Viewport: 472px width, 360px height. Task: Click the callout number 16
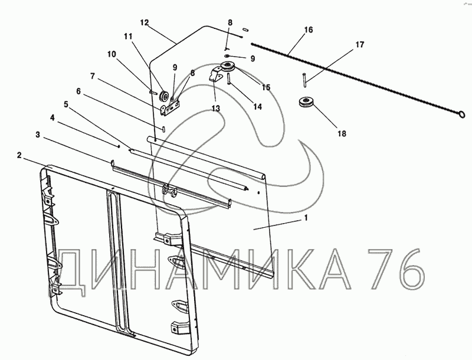[309, 30]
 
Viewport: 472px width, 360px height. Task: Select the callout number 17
[360, 45]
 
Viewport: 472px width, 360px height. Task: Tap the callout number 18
[342, 133]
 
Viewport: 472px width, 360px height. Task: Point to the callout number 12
[145, 23]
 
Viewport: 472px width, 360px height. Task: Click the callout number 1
[306, 218]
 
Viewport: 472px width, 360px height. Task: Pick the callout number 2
[19, 156]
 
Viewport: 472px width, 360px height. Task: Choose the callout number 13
[216, 109]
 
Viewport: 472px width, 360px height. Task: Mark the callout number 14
[258, 107]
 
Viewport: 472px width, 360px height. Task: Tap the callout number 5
[66, 104]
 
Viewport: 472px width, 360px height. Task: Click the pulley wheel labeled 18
[306, 102]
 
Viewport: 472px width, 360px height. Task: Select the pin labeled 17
[305, 80]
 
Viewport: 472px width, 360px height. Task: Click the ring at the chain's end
[462, 114]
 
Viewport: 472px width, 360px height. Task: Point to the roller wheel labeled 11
[165, 96]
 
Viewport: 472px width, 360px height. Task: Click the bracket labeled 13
[215, 76]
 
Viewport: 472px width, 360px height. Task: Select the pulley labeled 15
[227, 67]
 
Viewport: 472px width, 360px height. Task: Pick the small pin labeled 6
[163, 128]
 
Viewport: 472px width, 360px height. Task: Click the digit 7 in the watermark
[376, 269]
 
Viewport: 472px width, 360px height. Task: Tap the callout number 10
[112, 54]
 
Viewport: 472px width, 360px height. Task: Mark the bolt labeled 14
[230, 79]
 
